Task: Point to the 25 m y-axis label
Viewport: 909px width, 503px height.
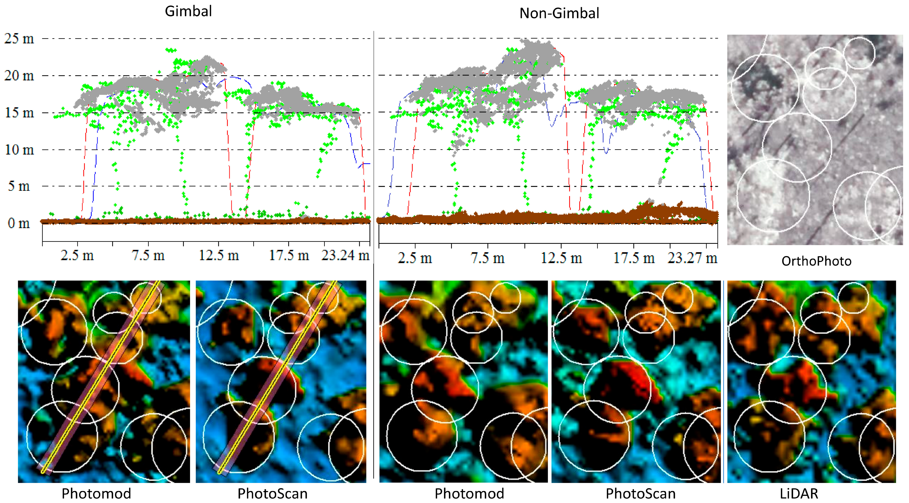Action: pyautogui.click(x=19, y=38)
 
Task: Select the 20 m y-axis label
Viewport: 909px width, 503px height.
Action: pyautogui.click(x=19, y=76)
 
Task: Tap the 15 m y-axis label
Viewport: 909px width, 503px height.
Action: pyautogui.click(x=19, y=113)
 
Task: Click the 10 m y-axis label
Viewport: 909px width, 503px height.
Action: pyautogui.click(x=19, y=150)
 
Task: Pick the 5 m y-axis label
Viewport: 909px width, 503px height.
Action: pyautogui.click(x=19, y=186)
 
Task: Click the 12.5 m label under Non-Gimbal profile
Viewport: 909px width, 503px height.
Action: pyautogui.click(x=561, y=258)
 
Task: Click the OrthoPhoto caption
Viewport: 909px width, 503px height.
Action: pyautogui.click(x=816, y=261)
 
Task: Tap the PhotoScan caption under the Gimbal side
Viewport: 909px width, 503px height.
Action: pyautogui.click(x=272, y=493)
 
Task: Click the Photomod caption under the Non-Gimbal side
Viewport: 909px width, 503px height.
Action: pyautogui.click(x=469, y=493)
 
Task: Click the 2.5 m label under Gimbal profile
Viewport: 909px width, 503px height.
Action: pyautogui.click(x=77, y=255)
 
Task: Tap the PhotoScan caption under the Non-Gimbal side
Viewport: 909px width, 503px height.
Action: pyautogui.click(x=640, y=493)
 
